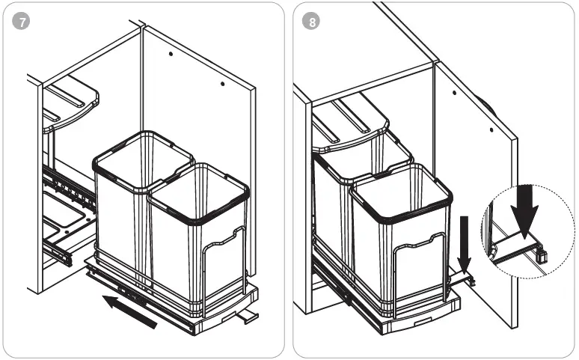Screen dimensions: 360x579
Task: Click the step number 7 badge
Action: [x=22, y=22]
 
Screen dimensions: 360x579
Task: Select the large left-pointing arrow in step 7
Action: [x=130, y=311]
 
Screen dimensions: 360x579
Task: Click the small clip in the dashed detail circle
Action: [x=542, y=254]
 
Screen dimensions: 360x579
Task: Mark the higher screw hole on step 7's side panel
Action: [x=171, y=54]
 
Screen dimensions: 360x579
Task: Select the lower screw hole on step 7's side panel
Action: [x=222, y=85]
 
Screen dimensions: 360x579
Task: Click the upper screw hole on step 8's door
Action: [x=454, y=94]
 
